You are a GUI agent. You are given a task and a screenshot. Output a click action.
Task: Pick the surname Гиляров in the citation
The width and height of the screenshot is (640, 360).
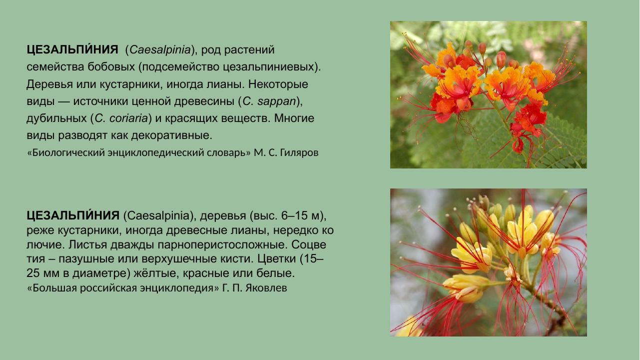(299, 153)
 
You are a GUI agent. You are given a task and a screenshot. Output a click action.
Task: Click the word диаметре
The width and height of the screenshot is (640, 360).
(90, 274)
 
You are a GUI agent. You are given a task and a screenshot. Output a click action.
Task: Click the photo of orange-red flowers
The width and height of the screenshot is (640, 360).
(488, 94)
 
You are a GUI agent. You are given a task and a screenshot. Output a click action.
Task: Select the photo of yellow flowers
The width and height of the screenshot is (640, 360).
(488, 262)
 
